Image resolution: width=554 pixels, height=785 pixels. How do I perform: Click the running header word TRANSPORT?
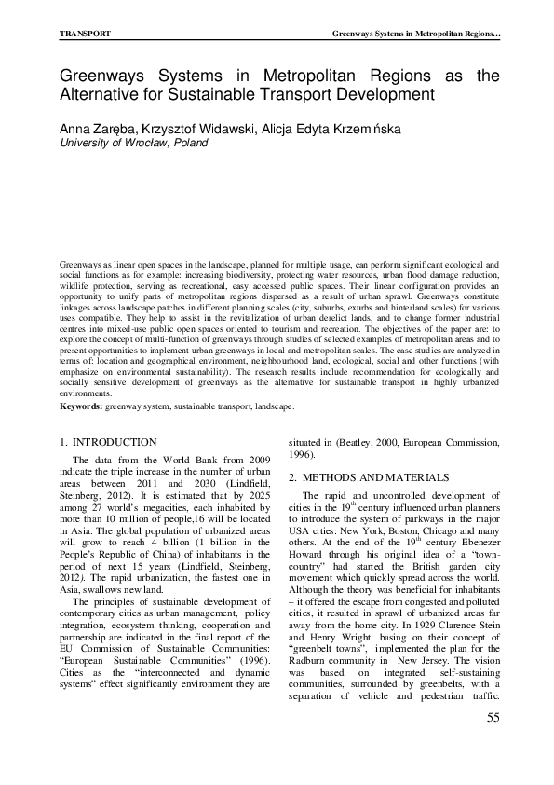tap(86, 34)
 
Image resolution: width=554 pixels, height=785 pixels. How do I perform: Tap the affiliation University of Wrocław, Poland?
tap(134, 143)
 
